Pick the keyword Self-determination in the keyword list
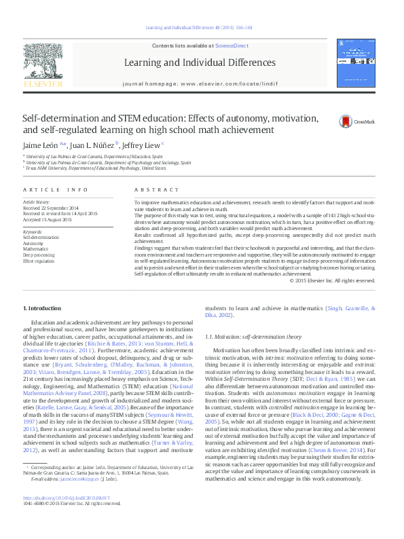(37, 237)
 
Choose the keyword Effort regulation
(37, 260)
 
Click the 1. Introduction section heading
(42, 308)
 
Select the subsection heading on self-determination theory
(253, 336)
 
